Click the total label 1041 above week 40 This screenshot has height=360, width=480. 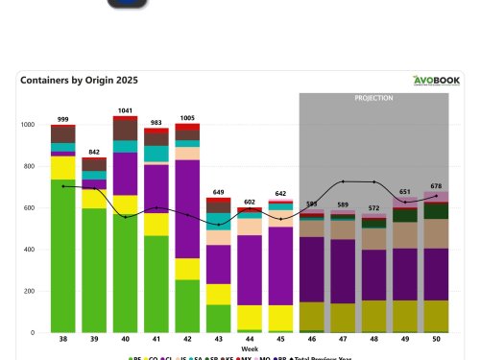click(x=126, y=110)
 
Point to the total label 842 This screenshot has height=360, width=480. click(x=94, y=152)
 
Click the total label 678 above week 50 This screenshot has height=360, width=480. click(x=437, y=185)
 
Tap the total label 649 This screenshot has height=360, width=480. click(x=219, y=192)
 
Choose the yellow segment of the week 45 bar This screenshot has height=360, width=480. click(x=281, y=318)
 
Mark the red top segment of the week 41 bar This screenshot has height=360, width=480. click(x=156, y=132)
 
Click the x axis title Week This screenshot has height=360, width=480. click(x=250, y=348)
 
